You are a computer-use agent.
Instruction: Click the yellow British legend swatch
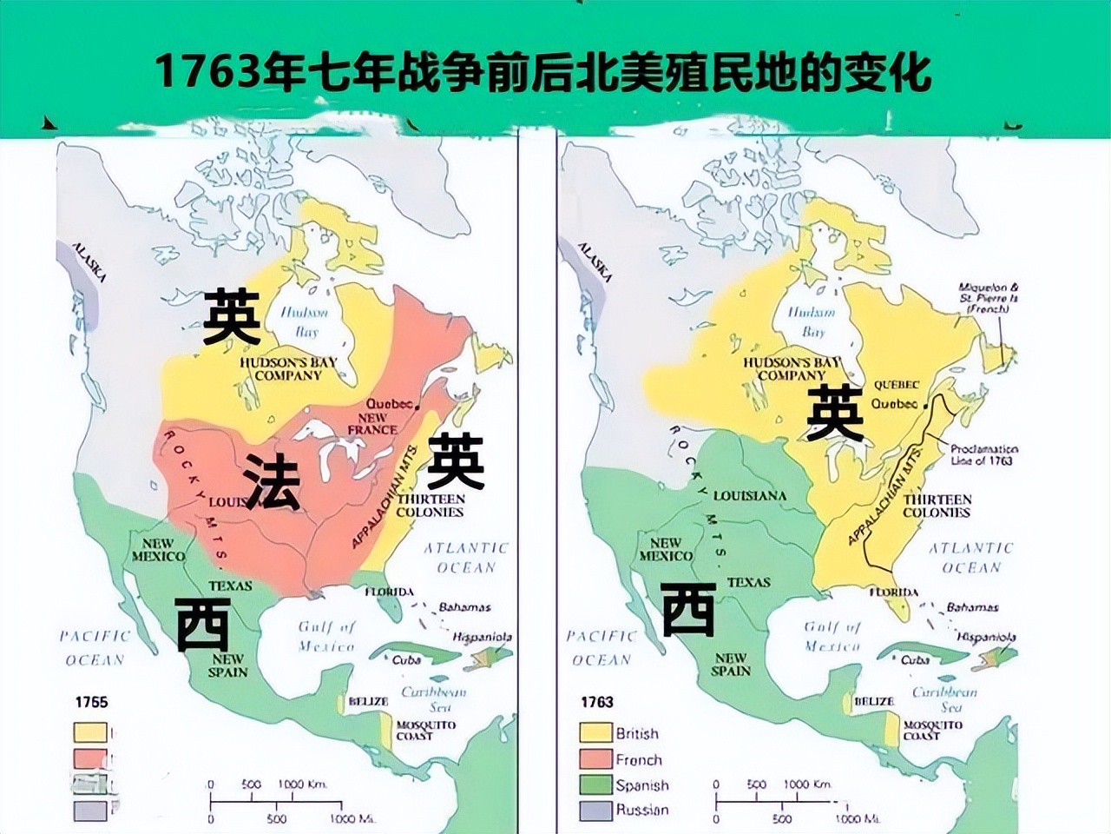[x=595, y=733]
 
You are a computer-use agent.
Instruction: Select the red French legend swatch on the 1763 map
[x=595, y=759]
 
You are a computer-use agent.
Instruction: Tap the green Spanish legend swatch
[x=595, y=784]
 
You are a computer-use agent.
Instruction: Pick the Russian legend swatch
[x=595, y=810]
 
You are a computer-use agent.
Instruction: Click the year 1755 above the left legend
[x=91, y=702]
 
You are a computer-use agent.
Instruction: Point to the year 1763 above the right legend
[x=597, y=702]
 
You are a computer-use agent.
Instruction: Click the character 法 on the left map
[x=272, y=481]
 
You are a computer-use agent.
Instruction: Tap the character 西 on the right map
[x=688, y=610]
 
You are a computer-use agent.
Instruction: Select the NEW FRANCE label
[x=372, y=424]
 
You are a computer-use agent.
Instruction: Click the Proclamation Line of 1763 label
[x=983, y=455]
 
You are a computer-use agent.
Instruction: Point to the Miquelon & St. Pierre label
[x=989, y=298]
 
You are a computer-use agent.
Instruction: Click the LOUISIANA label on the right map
[x=750, y=496]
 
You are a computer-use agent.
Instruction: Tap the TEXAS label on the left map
[x=230, y=586]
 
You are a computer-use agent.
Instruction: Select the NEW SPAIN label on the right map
[x=731, y=665]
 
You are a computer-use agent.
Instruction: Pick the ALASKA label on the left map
[x=89, y=261]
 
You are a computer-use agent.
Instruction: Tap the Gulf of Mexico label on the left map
[x=326, y=636]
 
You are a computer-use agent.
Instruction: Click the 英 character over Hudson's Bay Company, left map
[x=232, y=317]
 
